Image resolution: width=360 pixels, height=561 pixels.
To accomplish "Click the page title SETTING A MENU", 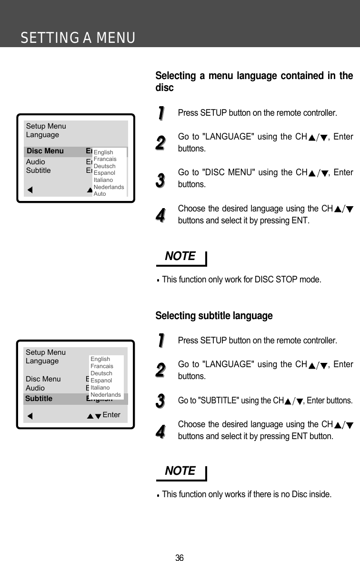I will [x=78, y=38].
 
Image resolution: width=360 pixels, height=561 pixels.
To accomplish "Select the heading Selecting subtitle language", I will [x=214, y=316].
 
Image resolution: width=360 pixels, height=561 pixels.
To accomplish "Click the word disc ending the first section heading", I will [x=164, y=88].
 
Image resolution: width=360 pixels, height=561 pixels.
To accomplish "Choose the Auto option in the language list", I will [x=100, y=194].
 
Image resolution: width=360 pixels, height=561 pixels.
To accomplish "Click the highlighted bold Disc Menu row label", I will [x=45, y=151].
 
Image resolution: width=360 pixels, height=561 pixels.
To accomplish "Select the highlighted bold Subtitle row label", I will [x=39, y=399].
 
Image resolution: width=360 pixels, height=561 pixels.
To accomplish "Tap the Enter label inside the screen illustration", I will [x=111, y=415].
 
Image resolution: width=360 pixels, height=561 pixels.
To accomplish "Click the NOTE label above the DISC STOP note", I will [x=180, y=256].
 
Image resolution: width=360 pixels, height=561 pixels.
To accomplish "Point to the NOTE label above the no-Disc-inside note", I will [x=180, y=471].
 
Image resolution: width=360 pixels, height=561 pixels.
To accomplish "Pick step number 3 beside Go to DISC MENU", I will [x=161, y=180].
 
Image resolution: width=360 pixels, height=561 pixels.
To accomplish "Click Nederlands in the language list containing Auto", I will [x=109, y=187].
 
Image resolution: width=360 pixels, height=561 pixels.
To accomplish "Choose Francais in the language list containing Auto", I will [x=105, y=159].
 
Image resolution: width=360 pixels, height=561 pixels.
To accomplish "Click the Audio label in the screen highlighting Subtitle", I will [x=35, y=388].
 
